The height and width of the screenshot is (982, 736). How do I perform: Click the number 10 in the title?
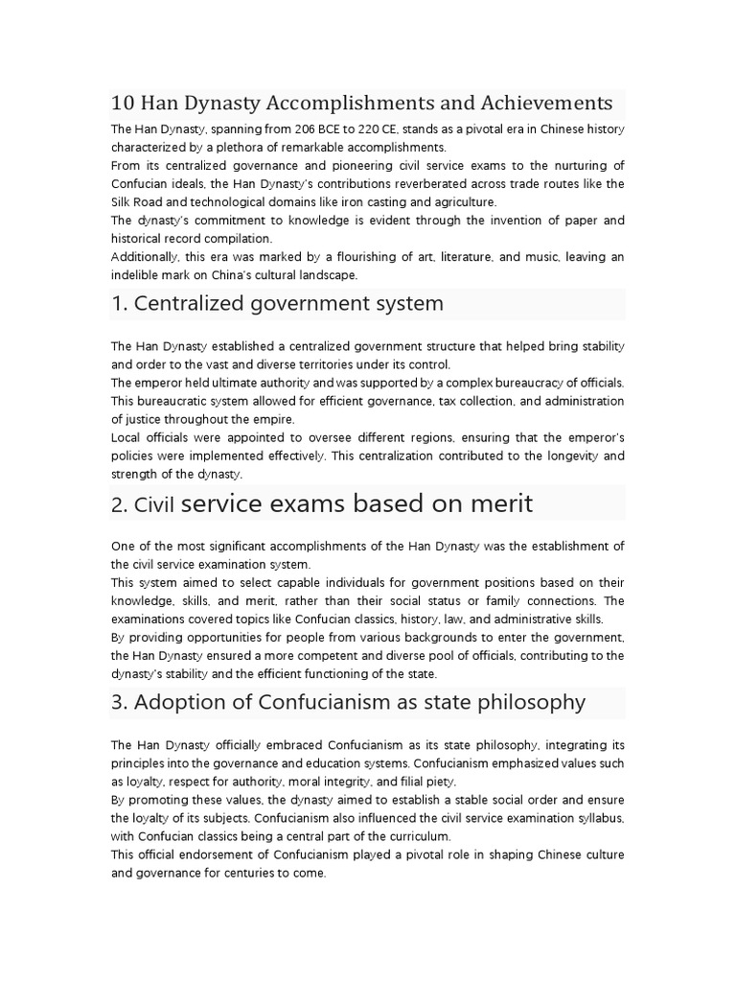tap(122, 103)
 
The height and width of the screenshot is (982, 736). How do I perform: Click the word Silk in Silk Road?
tap(124, 202)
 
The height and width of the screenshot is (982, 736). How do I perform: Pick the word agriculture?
tap(464, 202)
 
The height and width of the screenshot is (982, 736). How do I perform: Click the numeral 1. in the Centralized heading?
tap(119, 304)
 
